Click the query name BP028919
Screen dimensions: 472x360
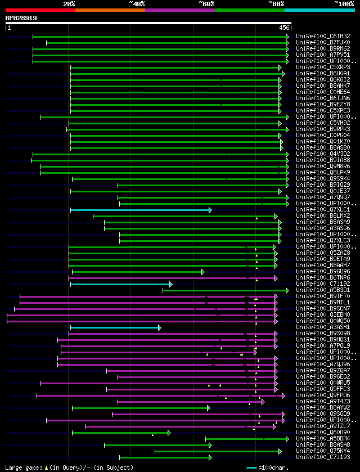click(x=21, y=18)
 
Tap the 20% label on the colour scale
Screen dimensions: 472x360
click(x=69, y=4)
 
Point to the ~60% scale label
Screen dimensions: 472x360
click(x=206, y=4)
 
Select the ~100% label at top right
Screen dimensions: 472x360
click(x=344, y=4)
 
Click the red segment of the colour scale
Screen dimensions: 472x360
click(x=40, y=10)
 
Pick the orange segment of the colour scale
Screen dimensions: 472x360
click(x=110, y=10)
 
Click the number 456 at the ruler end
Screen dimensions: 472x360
click(x=284, y=28)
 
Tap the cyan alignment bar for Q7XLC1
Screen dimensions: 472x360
click(x=140, y=210)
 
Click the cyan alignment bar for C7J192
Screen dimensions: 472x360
click(x=120, y=284)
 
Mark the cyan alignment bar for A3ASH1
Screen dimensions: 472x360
click(x=115, y=327)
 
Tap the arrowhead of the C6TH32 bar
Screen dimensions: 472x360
click(x=287, y=37)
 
